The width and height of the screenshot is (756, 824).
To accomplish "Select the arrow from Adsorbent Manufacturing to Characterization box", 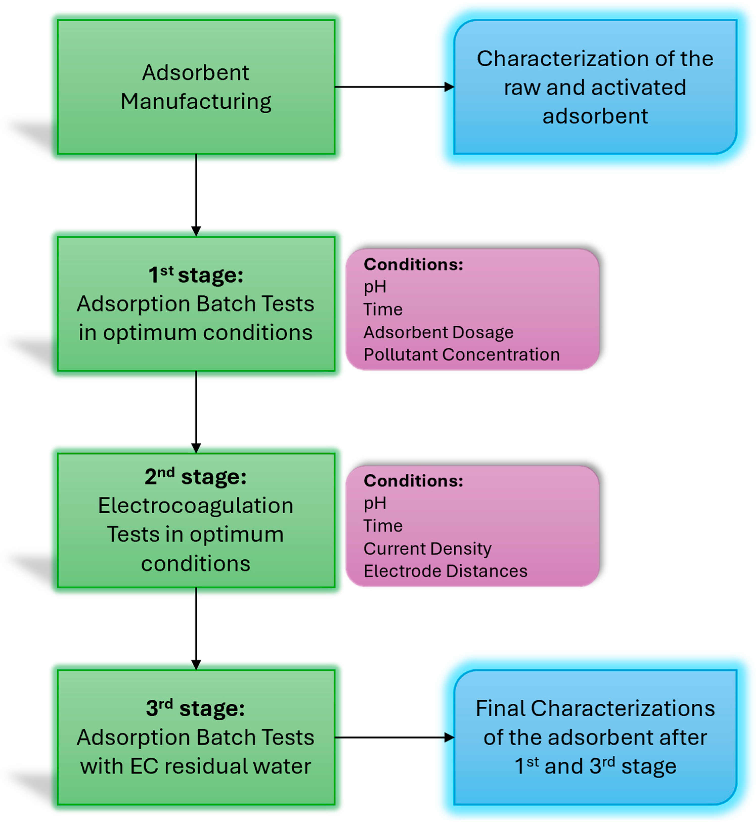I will tap(394, 87).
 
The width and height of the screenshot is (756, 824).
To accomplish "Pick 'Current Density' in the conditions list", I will tap(427, 548).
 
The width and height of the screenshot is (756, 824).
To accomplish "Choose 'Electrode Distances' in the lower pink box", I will tap(445, 571).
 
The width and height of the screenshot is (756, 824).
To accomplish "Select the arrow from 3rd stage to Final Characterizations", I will tap(394, 738).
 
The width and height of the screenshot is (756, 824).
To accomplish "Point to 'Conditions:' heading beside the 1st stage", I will tap(413, 264).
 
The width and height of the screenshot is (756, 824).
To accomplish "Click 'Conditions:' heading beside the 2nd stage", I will tap(413, 481).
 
